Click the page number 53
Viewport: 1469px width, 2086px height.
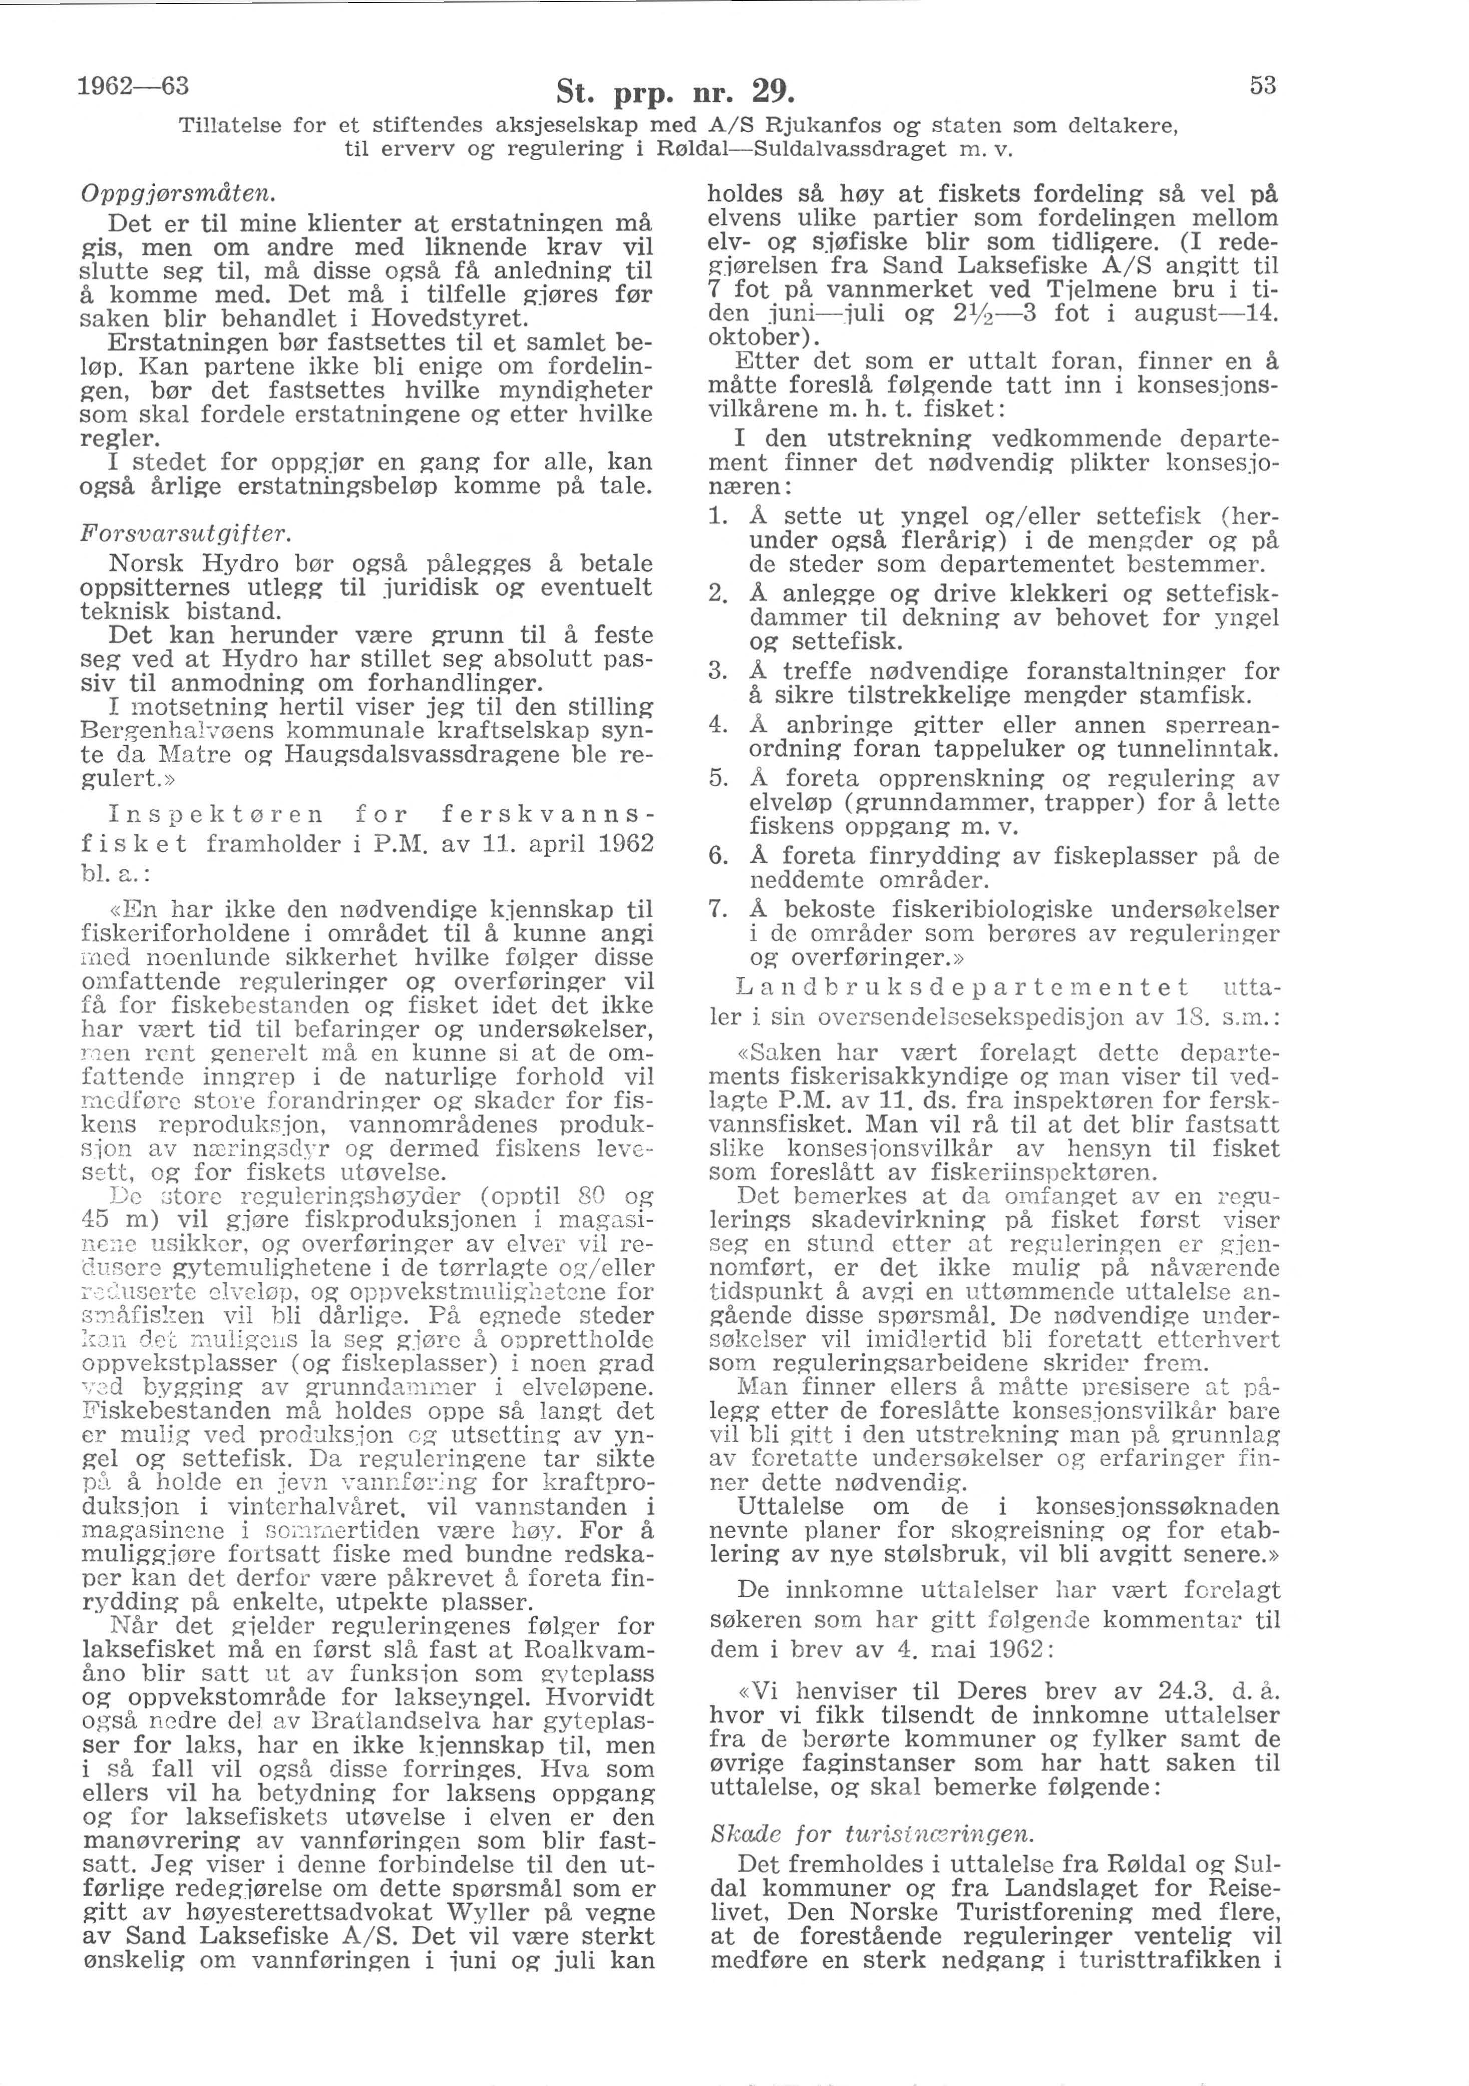(x=1263, y=86)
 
